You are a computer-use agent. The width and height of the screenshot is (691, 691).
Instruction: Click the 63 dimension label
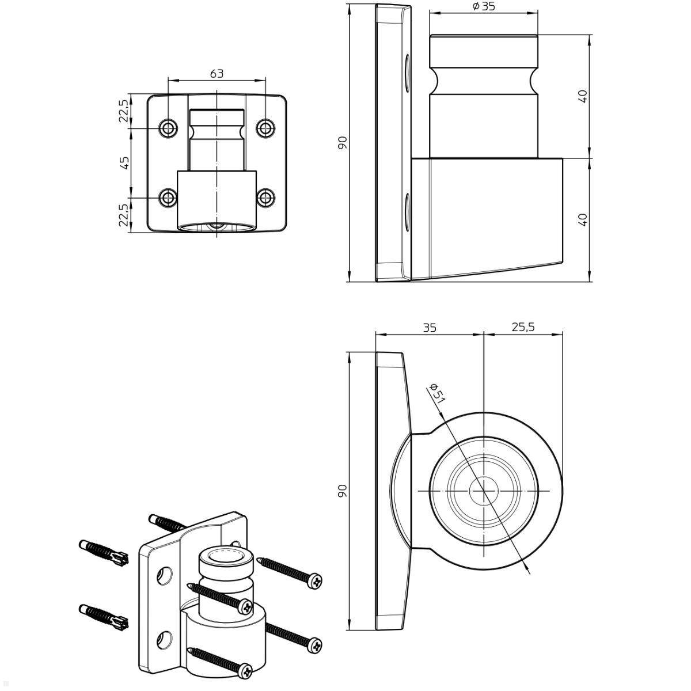pyautogui.click(x=217, y=74)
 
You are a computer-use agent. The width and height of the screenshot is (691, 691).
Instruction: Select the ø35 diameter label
pyautogui.click(x=484, y=7)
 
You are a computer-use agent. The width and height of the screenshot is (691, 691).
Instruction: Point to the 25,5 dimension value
pyautogui.click(x=523, y=326)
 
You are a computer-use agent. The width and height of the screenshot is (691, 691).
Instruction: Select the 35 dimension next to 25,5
pyautogui.click(x=430, y=327)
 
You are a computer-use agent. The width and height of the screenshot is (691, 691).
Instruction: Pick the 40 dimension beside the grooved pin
pyautogui.click(x=582, y=96)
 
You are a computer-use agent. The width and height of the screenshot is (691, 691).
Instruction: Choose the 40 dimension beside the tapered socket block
pyautogui.click(x=582, y=219)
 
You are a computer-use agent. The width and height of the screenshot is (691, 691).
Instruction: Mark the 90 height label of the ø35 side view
pyautogui.click(x=343, y=142)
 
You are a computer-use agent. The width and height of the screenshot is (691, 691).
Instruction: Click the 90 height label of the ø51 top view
pyautogui.click(x=343, y=490)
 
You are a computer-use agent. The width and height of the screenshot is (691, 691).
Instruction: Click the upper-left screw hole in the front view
pyautogui.click(x=169, y=128)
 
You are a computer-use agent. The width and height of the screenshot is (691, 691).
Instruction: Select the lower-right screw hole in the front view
pyautogui.click(x=265, y=198)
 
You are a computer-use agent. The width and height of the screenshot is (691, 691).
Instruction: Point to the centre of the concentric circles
pyautogui.click(x=484, y=491)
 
